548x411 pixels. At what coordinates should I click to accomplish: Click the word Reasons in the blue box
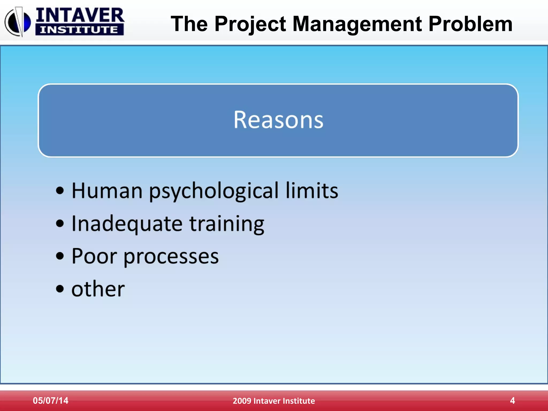[278, 120]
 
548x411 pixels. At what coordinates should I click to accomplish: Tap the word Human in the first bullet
[107, 191]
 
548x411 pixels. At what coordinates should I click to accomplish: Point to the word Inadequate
[127, 224]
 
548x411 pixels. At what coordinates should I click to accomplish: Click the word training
[227, 224]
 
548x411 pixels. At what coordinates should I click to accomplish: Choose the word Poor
[94, 256]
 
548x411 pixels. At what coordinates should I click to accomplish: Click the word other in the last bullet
[98, 289]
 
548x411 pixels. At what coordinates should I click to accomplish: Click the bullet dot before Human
[60, 191]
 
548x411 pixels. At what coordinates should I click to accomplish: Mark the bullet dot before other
[60, 289]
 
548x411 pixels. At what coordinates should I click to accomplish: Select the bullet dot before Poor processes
[60, 256]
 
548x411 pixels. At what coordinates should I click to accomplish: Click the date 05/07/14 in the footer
[51, 400]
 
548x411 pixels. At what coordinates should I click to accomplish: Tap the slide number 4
[512, 400]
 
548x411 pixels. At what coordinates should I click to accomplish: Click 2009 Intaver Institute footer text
[274, 401]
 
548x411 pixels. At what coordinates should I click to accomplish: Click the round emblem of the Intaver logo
[18, 22]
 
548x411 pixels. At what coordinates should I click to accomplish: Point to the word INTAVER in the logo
[80, 15]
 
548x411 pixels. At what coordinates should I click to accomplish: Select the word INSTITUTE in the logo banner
[79, 30]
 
